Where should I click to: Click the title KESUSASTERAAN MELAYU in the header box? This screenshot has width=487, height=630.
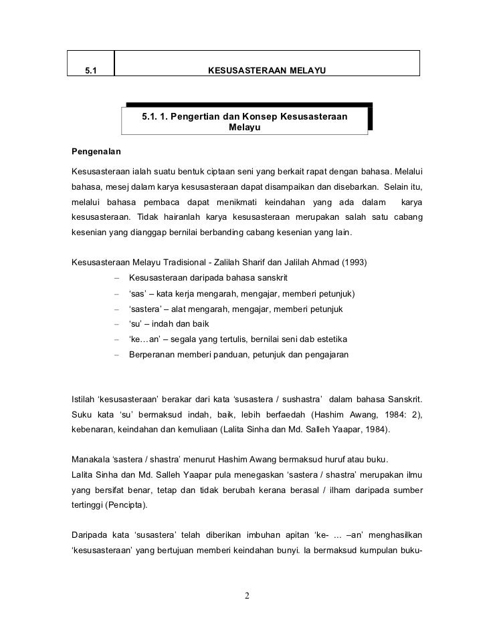point(267,70)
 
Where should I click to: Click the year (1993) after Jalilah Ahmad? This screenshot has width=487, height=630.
point(354,263)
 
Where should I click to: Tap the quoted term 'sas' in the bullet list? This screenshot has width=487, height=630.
point(138,293)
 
